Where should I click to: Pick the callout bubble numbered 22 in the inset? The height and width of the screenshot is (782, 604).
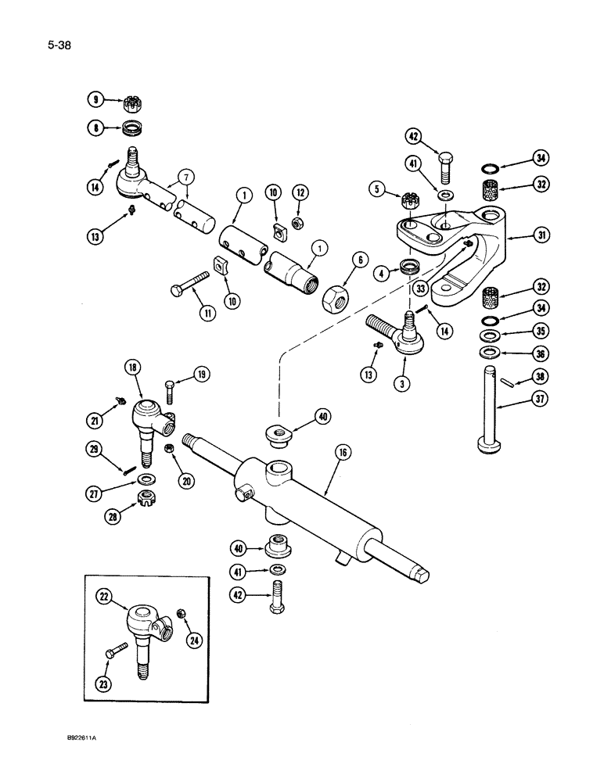click(104, 597)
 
